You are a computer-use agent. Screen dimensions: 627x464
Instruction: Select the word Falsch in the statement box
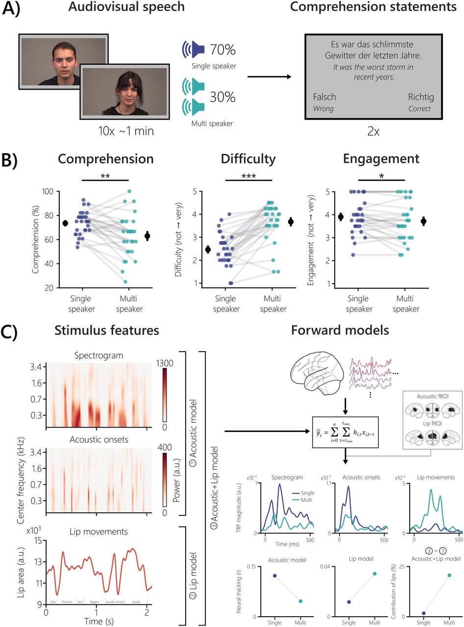pos(324,97)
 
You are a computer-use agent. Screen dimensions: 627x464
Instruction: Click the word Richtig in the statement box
pos(421,97)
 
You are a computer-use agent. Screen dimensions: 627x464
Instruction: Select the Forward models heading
pos(340,331)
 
